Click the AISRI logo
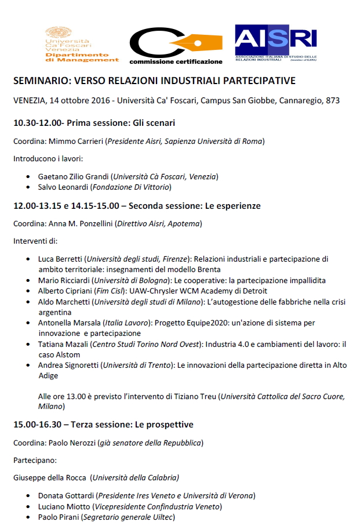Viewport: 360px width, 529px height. click(x=275, y=41)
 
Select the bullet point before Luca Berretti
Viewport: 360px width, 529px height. click(x=29, y=259)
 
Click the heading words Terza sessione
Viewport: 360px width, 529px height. click(x=93, y=425)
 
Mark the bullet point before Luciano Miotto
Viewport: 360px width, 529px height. click(x=29, y=506)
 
